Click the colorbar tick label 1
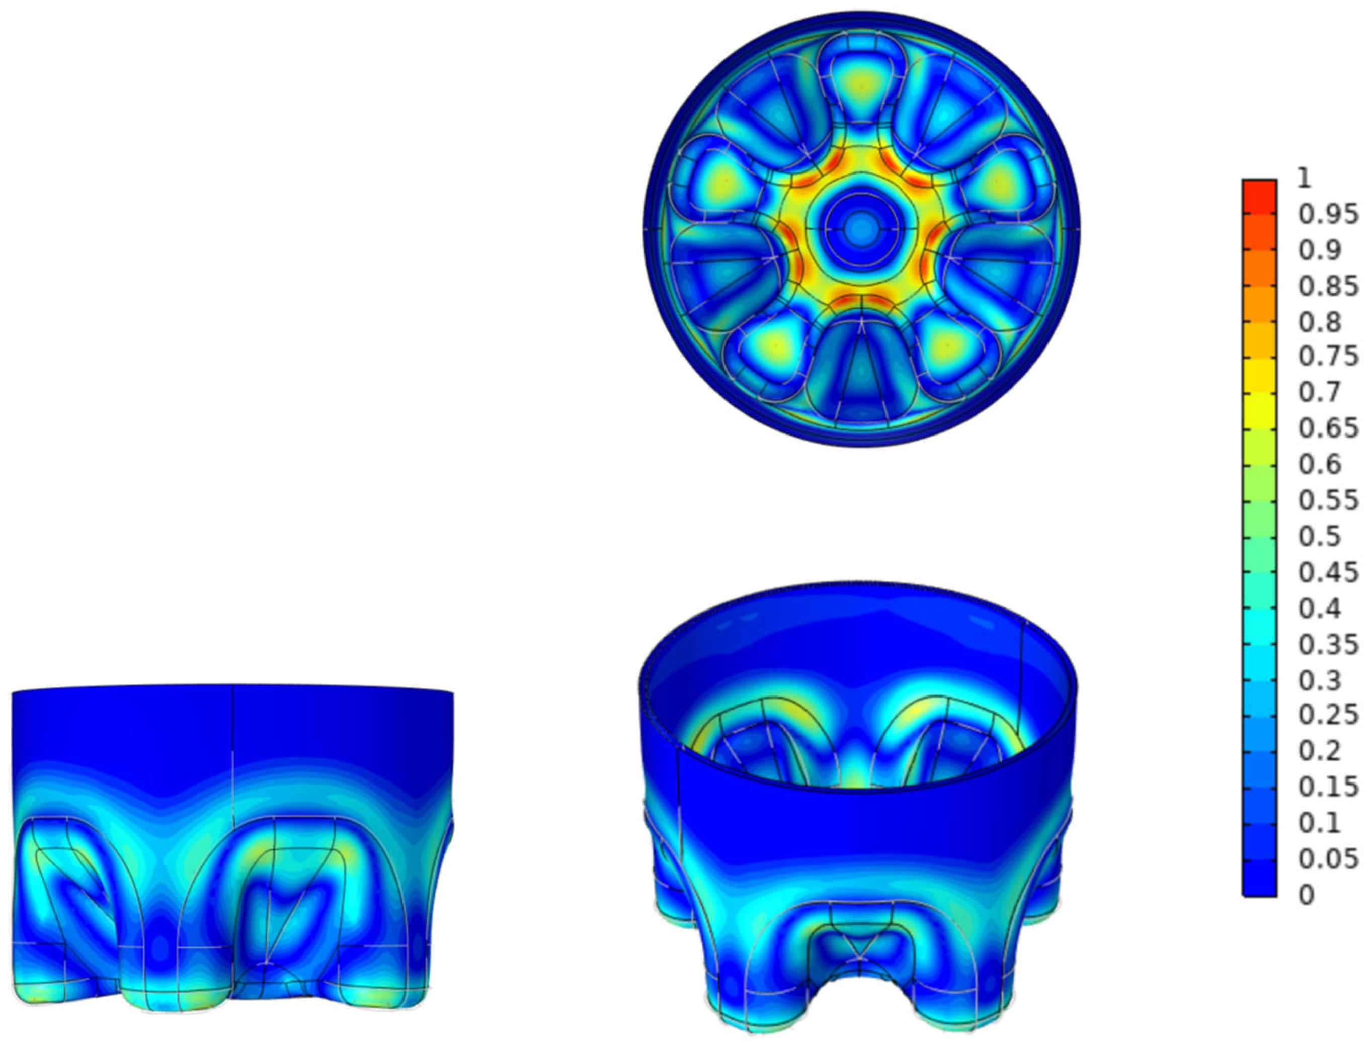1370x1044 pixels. [1305, 179]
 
